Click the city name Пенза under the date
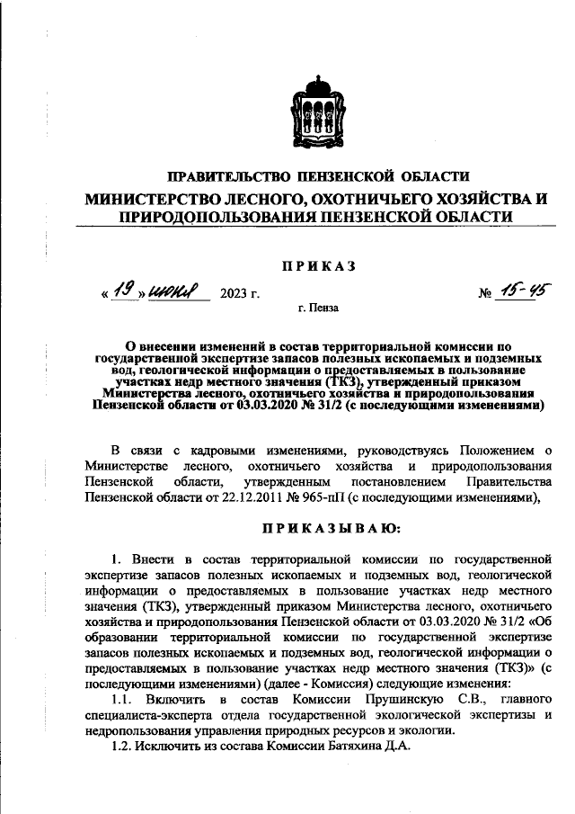(x=324, y=309)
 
